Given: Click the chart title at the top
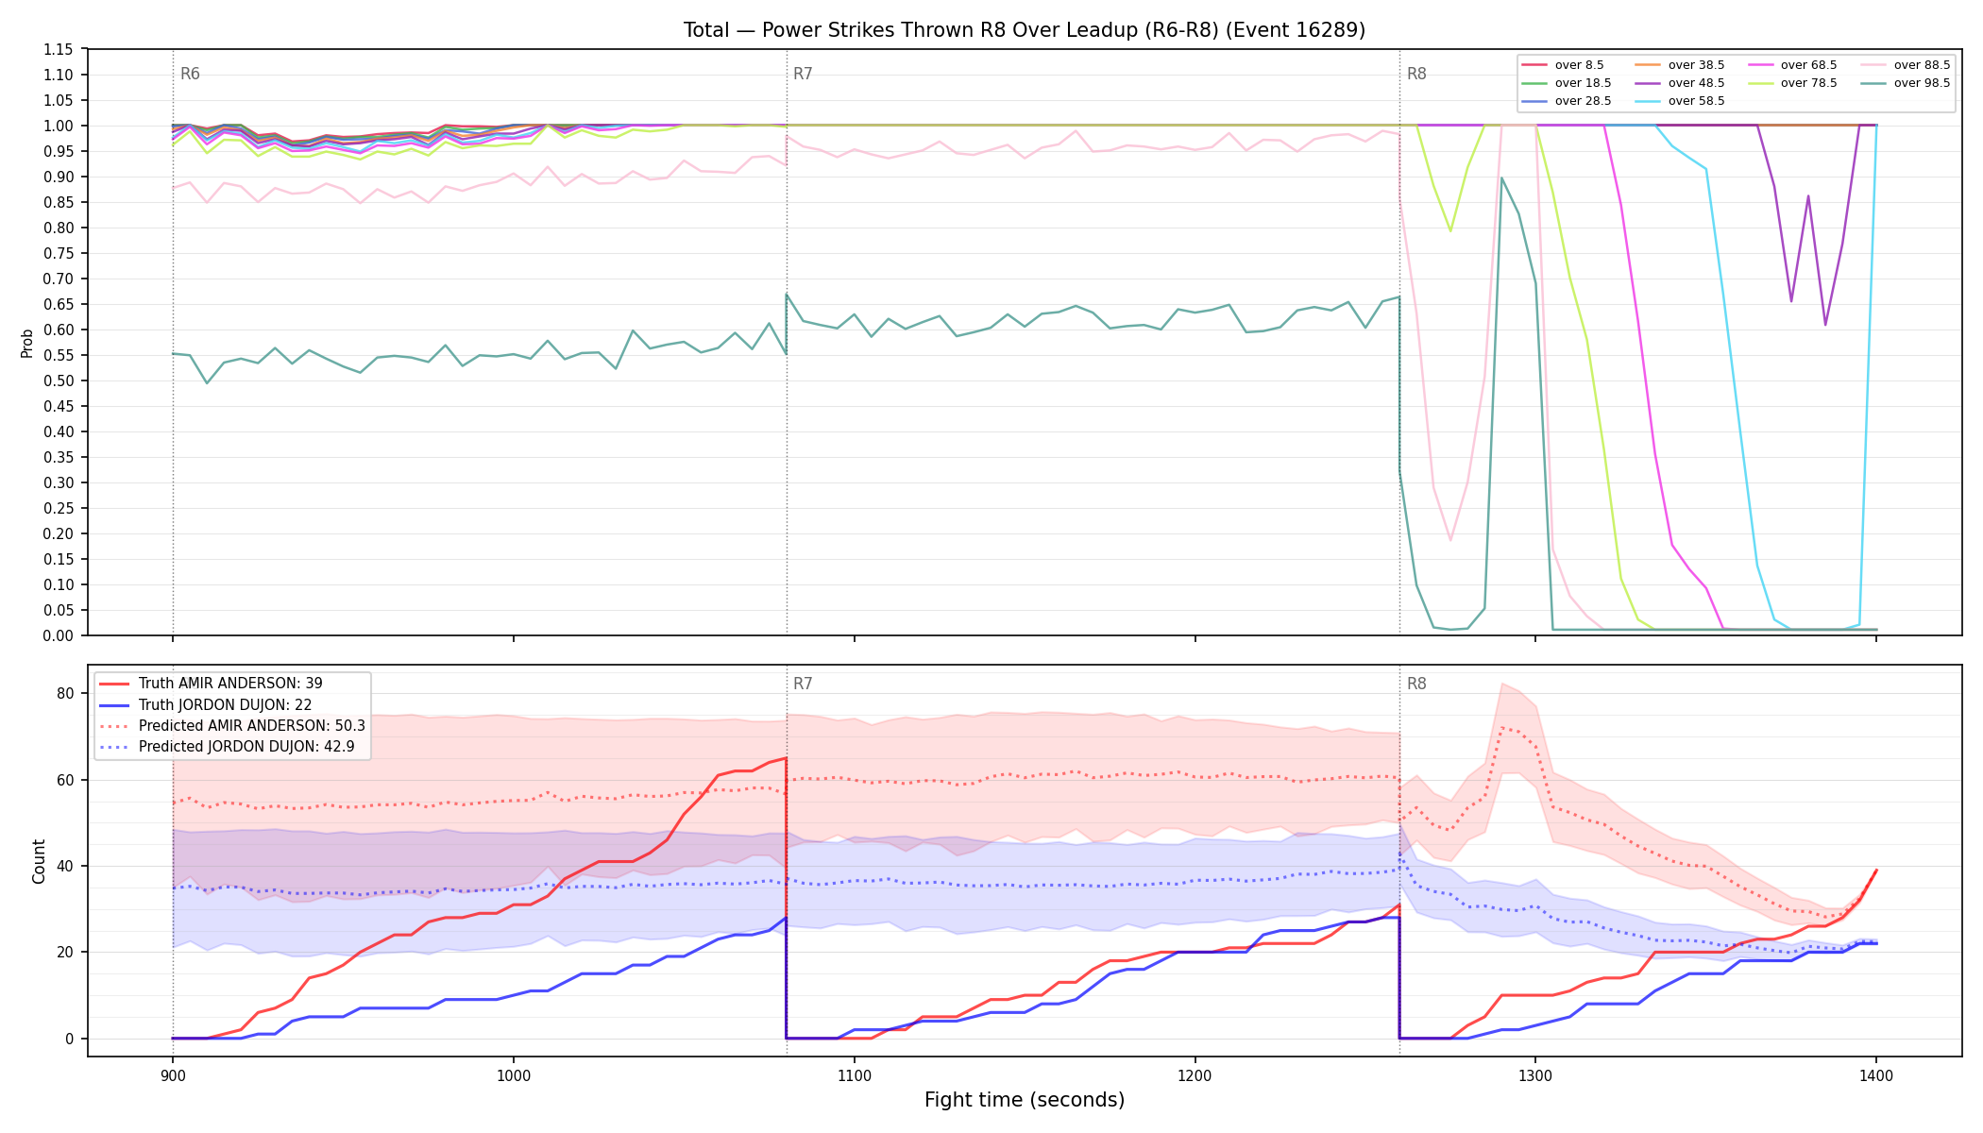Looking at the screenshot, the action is click(1025, 30).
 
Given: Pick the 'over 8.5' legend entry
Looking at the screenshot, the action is click(1563, 65).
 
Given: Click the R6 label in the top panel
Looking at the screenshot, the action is click(190, 74).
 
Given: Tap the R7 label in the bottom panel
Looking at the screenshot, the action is click(803, 684).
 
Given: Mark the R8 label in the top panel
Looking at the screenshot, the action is click(1416, 74).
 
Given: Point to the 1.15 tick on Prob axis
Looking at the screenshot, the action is click(59, 49).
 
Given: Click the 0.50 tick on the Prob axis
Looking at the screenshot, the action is click(59, 380).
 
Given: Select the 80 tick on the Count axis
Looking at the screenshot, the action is click(65, 693).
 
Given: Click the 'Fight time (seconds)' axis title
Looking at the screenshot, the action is click(1025, 1100).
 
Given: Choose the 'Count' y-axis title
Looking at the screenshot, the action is click(39, 861).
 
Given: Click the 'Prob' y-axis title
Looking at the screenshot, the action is click(26, 343).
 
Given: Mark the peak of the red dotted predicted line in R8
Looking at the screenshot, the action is click(1501, 728).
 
